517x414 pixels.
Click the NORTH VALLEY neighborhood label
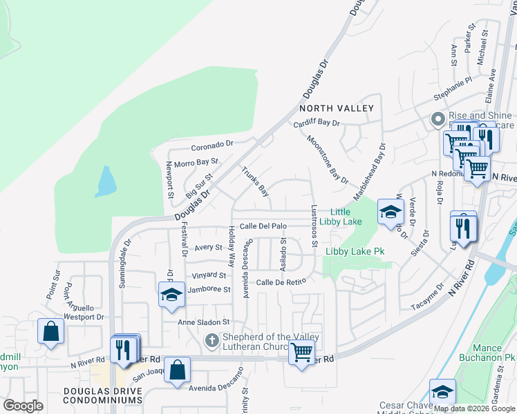pyautogui.click(x=336, y=108)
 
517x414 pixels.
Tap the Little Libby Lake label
pyautogui.click(x=346, y=217)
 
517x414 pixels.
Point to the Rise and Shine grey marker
pyautogui.click(x=437, y=119)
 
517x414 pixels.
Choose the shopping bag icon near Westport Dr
pyautogui.click(x=50, y=331)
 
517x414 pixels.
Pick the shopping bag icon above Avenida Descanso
pyautogui.click(x=178, y=369)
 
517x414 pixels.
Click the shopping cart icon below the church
pyautogui.click(x=301, y=353)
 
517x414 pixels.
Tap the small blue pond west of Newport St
pyautogui.click(x=106, y=182)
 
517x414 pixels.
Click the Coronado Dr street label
pyautogui.click(x=213, y=146)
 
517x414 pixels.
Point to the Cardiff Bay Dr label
pyautogui.click(x=317, y=123)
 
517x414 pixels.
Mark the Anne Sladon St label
pyautogui.click(x=203, y=322)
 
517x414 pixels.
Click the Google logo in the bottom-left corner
pyautogui.click(x=23, y=406)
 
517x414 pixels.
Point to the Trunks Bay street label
pyautogui.click(x=254, y=181)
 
